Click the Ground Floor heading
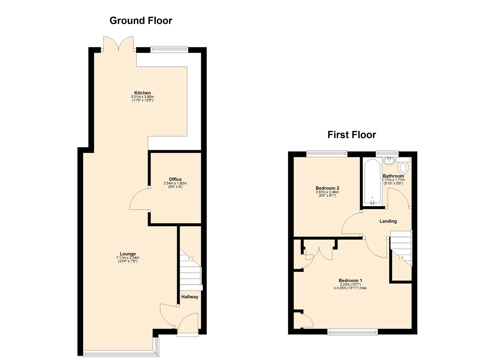coord(141,21)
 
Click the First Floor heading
coord(352,135)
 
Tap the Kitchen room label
coord(142,93)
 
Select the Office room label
coord(175,179)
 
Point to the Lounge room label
coord(128,254)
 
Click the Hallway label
coord(190,297)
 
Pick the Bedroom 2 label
coord(327,188)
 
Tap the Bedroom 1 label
coord(350,280)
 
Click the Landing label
coord(388,221)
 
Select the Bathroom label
coord(393,176)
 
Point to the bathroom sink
coord(389,161)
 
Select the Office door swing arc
coord(138,199)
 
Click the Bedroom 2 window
coord(327,153)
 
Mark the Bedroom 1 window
coord(352,332)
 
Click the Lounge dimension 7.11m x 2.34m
coord(128,258)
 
